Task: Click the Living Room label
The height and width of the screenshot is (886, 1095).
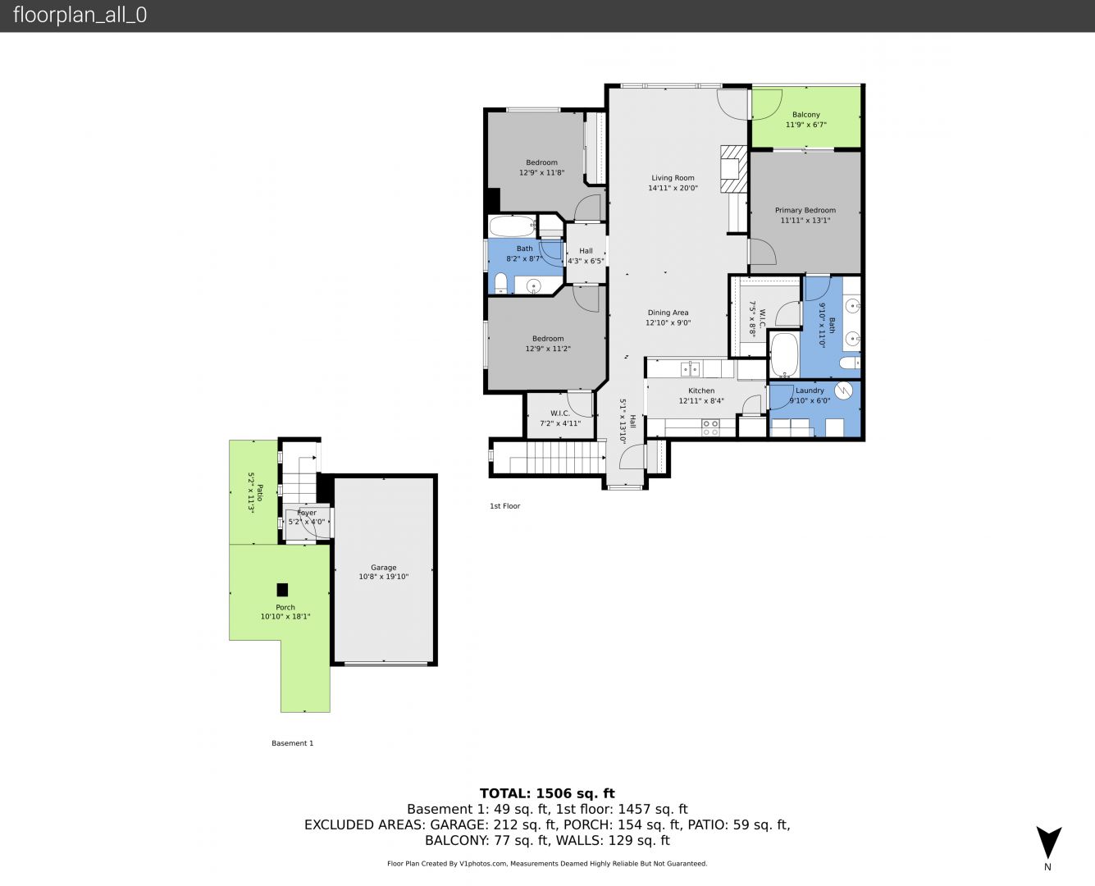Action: point(673,178)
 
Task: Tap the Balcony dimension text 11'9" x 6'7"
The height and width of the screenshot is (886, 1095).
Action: point(805,125)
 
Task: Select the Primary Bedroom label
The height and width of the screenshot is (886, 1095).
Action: point(805,210)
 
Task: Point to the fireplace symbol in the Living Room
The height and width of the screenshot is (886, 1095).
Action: point(733,169)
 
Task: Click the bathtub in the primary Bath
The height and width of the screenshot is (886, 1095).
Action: point(784,355)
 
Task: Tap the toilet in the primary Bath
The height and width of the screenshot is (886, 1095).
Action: point(850,363)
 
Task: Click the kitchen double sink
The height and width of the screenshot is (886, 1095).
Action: point(690,368)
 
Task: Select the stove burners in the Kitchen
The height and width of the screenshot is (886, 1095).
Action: point(710,428)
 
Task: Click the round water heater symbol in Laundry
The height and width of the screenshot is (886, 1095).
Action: point(843,390)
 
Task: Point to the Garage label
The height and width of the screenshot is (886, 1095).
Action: point(384,567)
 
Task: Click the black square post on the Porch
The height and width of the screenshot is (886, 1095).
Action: point(282,589)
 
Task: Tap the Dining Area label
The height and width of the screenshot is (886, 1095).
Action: point(668,312)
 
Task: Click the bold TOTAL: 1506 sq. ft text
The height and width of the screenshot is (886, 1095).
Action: point(547,793)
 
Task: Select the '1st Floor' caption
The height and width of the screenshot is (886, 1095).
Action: point(504,506)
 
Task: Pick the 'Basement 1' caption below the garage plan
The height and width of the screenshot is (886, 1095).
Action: point(292,743)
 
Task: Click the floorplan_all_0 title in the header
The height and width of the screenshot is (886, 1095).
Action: point(80,15)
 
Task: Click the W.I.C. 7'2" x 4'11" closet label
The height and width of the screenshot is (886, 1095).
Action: point(560,418)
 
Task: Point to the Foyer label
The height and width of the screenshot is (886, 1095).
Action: point(307,513)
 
